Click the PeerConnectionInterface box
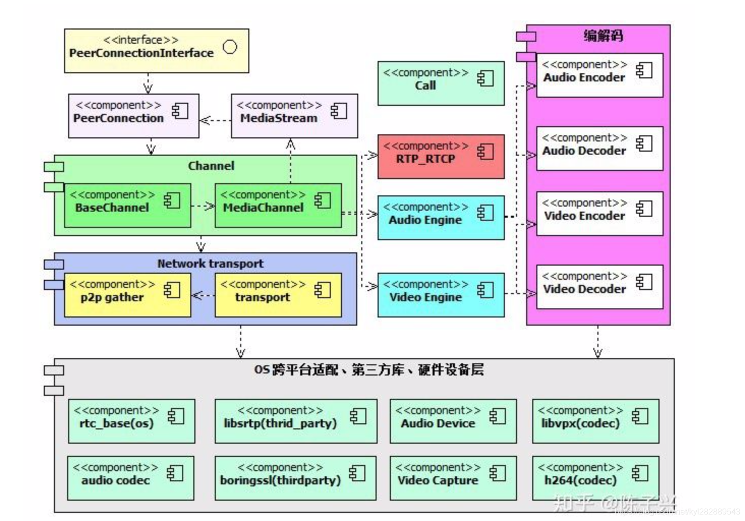point(156,51)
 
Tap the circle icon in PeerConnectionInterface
point(230,47)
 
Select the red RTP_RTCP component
point(441,157)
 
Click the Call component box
point(441,83)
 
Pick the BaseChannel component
point(127,206)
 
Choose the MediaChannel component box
point(278,206)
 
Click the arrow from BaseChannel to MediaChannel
point(203,206)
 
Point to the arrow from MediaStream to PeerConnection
point(215,121)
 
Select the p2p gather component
point(127,295)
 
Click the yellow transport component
point(278,295)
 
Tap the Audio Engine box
point(441,218)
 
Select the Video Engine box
point(441,295)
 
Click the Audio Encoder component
point(599,75)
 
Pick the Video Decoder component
point(599,287)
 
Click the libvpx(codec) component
point(595,421)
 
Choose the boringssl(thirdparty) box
point(295,478)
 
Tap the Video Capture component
point(453,478)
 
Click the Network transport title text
point(210,264)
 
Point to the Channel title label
point(211,166)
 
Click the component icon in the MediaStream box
point(339,111)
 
